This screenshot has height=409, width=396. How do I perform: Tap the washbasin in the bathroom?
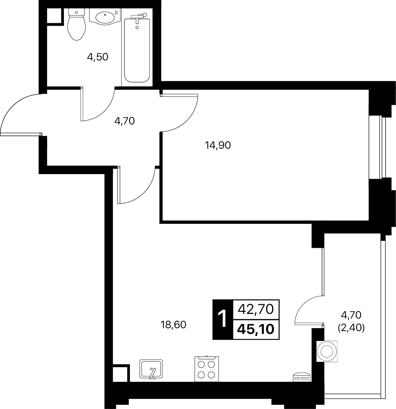pos(104,16)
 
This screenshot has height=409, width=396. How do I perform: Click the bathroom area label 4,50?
pos(98,56)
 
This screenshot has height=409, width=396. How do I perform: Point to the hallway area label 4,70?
pos(124,121)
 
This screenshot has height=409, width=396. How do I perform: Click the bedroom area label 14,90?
pos(218,145)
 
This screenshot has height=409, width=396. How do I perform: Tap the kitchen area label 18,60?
pos(173,325)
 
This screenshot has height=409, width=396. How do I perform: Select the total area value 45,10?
pos(256,329)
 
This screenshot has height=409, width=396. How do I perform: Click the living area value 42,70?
pos(256,309)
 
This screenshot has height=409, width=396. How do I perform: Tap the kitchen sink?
pos(151,369)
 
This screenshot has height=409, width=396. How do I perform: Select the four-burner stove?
pos(207,369)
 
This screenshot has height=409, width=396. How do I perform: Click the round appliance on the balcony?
pos(327,351)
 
